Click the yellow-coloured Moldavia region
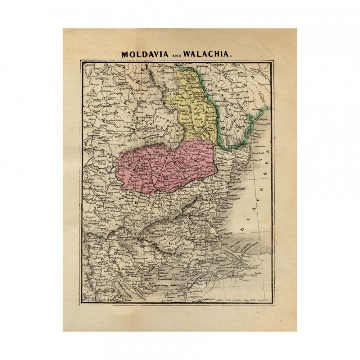click(198, 110)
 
